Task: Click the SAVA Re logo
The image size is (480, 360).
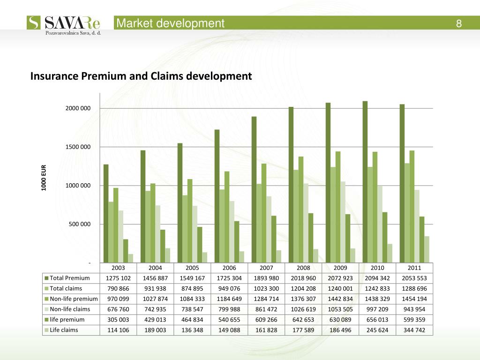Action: [x=65, y=24]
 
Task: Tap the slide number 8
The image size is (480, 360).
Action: [x=459, y=23]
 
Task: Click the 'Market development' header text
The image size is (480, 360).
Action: [x=171, y=23]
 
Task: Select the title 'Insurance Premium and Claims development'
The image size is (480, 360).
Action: [x=141, y=76]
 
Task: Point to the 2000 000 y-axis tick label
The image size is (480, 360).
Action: [x=78, y=109]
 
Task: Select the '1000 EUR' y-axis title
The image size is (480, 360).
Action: [x=43, y=177]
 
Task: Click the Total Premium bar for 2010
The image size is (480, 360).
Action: [x=365, y=181]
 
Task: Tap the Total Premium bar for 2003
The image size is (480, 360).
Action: [x=106, y=213]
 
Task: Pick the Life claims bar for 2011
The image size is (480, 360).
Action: [x=427, y=249]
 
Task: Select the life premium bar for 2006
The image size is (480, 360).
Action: [x=237, y=241]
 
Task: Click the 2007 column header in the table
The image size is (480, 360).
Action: [x=266, y=268]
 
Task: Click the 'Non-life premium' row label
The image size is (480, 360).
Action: [x=74, y=299]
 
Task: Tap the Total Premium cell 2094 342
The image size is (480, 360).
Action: [x=377, y=278]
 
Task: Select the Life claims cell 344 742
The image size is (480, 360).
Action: [x=414, y=330]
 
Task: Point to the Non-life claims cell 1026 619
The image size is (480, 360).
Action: [x=303, y=309]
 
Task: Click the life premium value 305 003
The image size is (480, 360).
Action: [x=119, y=319]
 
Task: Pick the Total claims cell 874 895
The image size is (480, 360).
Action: [x=192, y=288]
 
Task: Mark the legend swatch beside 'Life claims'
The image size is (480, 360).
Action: [x=46, y=330]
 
